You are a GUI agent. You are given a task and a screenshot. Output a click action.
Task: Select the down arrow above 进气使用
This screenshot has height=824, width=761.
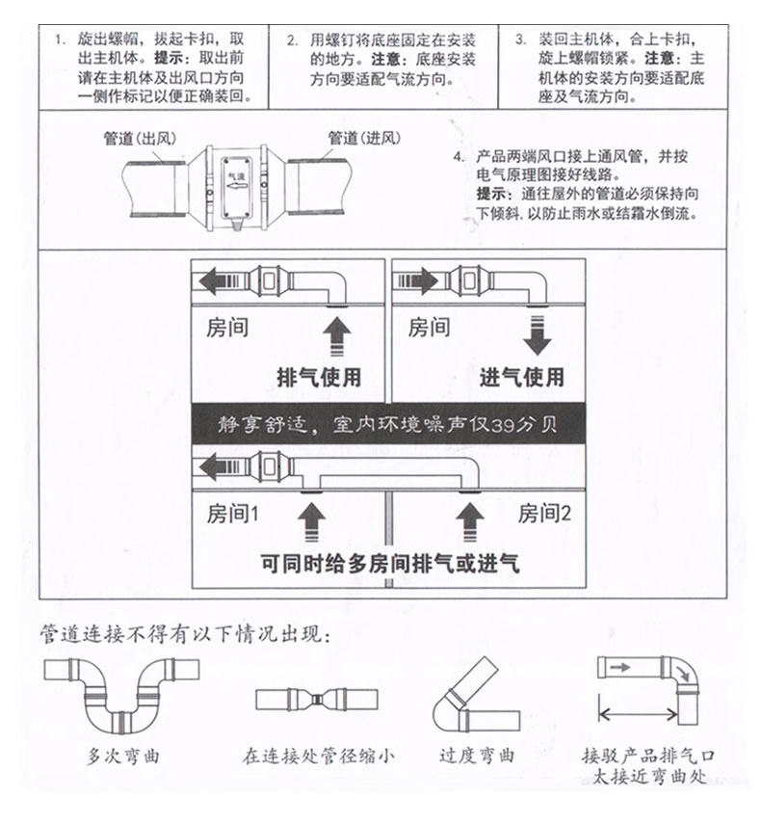click(x=537, y=338)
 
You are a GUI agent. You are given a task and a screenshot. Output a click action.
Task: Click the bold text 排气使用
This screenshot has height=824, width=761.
click(x=319, y=377)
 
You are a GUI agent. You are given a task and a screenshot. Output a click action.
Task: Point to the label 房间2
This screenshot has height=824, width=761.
click(x=544, y=514)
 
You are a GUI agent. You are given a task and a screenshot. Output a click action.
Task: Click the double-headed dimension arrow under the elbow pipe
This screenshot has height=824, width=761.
click(x=639, y=716)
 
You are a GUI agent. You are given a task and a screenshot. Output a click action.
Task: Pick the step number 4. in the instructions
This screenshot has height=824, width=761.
click(x=459, y=156)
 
